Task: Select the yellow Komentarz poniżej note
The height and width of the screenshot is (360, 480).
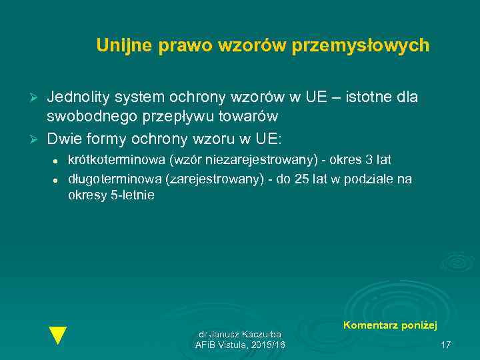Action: point(390,325)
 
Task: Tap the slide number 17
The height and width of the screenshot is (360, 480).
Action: point(446,345)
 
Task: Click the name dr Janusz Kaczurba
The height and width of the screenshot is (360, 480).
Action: point(240,333)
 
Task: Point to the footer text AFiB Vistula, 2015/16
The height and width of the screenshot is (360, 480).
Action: point(240,345)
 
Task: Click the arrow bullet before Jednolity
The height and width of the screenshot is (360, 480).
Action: point(36,98)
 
